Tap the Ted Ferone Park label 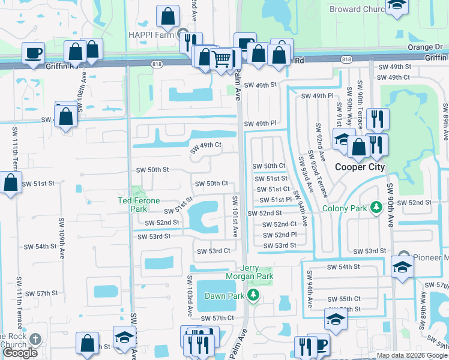coord(132,205)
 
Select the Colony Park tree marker coord(376,208)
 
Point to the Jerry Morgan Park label coord(257,272)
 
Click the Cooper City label coord(360,167)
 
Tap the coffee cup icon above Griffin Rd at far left coord(33,52)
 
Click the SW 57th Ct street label coord(217,318)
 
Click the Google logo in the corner coord(20,353)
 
